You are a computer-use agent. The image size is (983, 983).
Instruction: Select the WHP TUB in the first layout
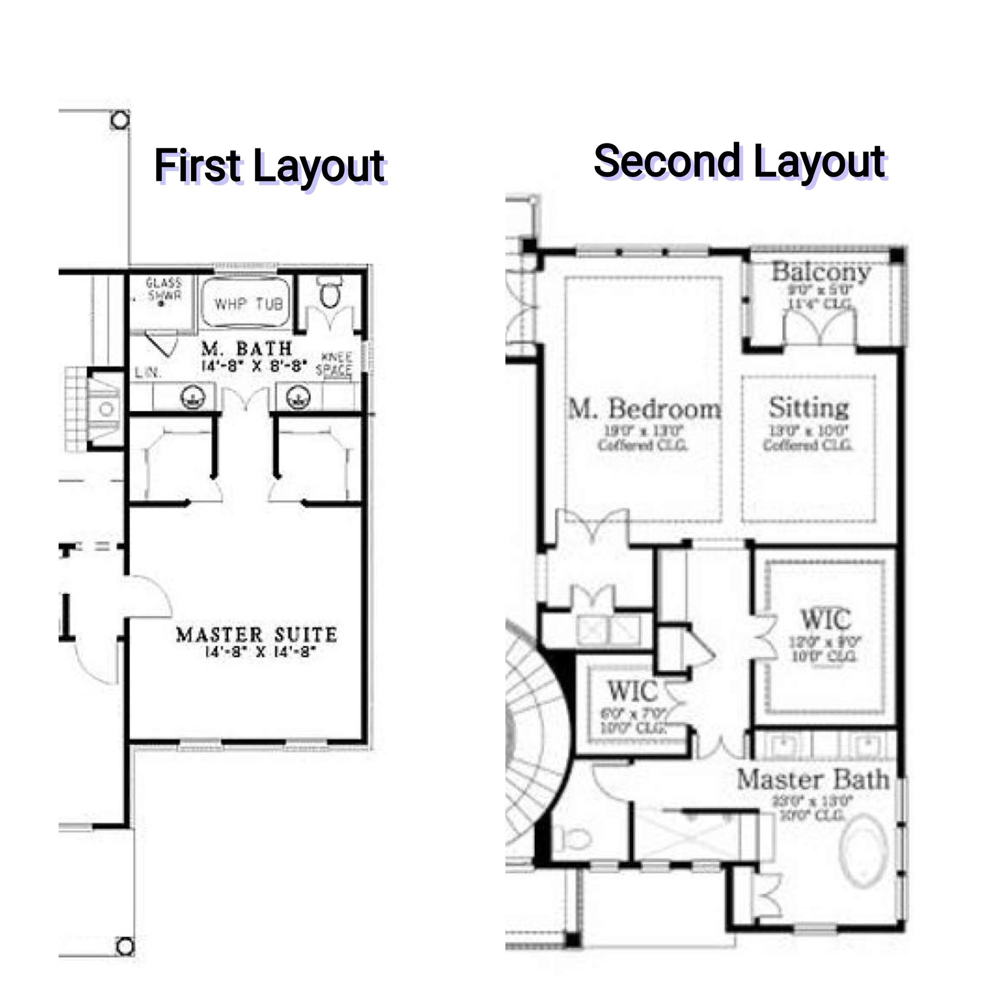tap(248, 304)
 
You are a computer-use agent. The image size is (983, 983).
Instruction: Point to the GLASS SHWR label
tap(163, 289)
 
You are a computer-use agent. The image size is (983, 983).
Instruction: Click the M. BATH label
tap(247, 349)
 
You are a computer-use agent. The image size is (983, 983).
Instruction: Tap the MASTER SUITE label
tap(256, 635)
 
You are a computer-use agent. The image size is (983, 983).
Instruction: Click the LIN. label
tap(148, 372)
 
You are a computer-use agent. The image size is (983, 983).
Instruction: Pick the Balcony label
tap(820, 272)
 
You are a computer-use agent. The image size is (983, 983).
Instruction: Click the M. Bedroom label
tap(644, 408)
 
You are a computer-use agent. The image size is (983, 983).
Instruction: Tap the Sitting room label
tap(808, 408)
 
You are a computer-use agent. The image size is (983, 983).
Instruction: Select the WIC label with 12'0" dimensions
tap(825, 619)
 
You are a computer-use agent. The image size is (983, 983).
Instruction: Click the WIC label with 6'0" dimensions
tap(633, 691)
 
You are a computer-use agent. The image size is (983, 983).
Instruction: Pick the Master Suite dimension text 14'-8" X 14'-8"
tap(260, 652)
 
